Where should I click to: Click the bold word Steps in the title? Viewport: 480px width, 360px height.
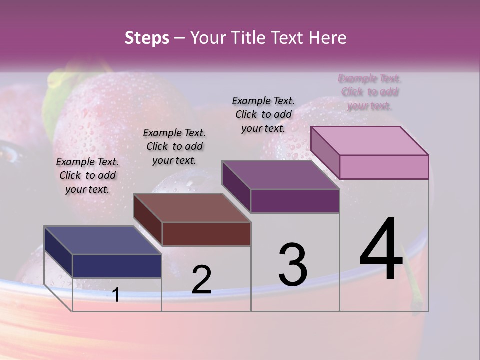pyautogui.click(x=147, y=38)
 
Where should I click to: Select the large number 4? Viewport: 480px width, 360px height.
pyautogui.click(x=381, y=250)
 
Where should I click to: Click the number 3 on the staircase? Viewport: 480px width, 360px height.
pyautogui.click(x=293, y=265)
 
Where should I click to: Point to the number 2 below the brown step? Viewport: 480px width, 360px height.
pyautogui.click(x=201, y=280)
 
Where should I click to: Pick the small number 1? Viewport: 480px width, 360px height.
pyautogui.click(x=116, y=295)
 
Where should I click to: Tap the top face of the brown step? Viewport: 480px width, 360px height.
pyautogui.click(x=192, y=207)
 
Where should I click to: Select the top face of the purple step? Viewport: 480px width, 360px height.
pyautogui.click(x=280, y=175)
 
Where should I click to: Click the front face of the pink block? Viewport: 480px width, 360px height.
pyautogui.click(x=384, y=167)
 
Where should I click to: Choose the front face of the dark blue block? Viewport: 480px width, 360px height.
pyautogui.click(x=117, y=266)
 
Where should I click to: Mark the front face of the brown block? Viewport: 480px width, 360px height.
pyautogui.click(x=206, y=234)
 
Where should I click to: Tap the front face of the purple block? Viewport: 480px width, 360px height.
pyautogui.click(x=295, y=201)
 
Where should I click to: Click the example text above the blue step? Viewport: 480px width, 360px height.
pyautogui.click(x=87, y=175)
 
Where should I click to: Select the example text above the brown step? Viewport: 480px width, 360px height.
pyautogui.click(x=174, y=146)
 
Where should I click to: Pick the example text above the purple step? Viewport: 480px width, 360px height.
pyautogui.click(x=263, y=114)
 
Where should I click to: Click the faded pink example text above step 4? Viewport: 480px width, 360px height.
pyautogui.click(x=370, y=92)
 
